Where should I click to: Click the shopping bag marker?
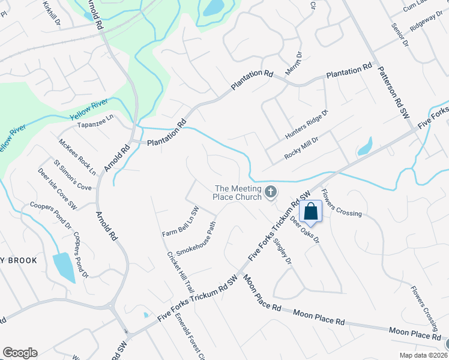point(311,211)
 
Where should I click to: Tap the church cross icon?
point(271,192)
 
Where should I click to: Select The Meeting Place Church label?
point(238,192)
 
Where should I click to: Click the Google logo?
point(20,353)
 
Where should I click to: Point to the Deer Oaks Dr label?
point(305,230)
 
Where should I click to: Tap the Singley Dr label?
point(282,251)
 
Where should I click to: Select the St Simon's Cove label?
point(73,175)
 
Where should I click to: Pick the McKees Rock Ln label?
point(77,157)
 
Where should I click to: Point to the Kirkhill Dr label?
point(52,12)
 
